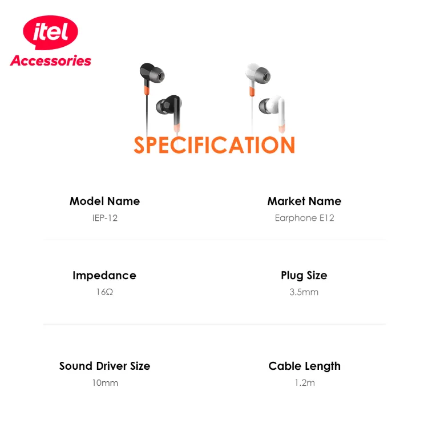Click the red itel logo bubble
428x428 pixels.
click(x=50, y=32)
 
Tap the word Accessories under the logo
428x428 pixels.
click(x=51, y=60)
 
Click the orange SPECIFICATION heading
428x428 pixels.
click(x=214, y=145)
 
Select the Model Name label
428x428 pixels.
click(x=105, y=201)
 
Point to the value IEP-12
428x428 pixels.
click(x=105, y=218)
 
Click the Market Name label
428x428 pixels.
click(x=304, y=201)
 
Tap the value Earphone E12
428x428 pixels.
click(x=304, y=218)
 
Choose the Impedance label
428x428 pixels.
click(x=104, y=276)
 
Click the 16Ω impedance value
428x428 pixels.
click(x=104, y=292)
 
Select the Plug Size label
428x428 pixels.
click(x=304, y=276)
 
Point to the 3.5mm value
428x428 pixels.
click(x=304, y=292)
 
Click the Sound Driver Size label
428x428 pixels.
click(x=105, y=366)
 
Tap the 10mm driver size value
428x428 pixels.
click(x=105, y=383)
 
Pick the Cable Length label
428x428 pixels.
click(x=305, y=366)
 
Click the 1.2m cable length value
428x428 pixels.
click(x=305, y=383)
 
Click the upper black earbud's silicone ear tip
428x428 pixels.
click(x=158, y=75)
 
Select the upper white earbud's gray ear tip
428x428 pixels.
click(x=263, y=75)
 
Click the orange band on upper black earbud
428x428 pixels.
click(x=147, y=90)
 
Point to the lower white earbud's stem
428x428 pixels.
click(x=282, y=115)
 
